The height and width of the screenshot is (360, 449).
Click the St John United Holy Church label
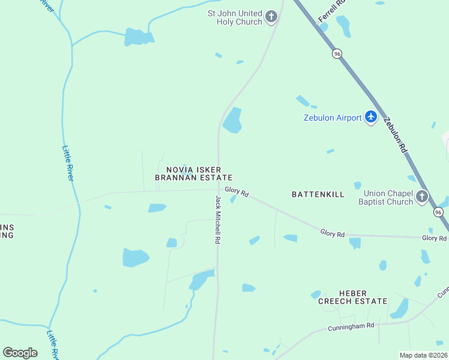tap(235, 17)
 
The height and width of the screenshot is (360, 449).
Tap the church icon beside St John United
tap(272, 17)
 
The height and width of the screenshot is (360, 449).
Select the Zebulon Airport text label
tap(332, 118)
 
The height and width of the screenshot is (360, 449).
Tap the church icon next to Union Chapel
tap(422, 196)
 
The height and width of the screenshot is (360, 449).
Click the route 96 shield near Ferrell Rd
tap(337, 53)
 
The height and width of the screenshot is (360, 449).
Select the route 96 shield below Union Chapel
tap(438, 212)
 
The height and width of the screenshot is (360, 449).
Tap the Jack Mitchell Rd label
tap(218, 219)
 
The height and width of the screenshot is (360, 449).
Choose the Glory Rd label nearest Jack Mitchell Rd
tap(237, 192)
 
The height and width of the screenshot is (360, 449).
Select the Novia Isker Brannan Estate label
tap(193, 173)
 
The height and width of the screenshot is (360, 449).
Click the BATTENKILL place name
tap(318, 194)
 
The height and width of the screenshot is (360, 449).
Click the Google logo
tap(20, 352)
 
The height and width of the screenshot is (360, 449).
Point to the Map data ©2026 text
tap(423, 355)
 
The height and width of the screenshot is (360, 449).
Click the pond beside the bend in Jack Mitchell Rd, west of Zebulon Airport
tap(232, 121)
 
